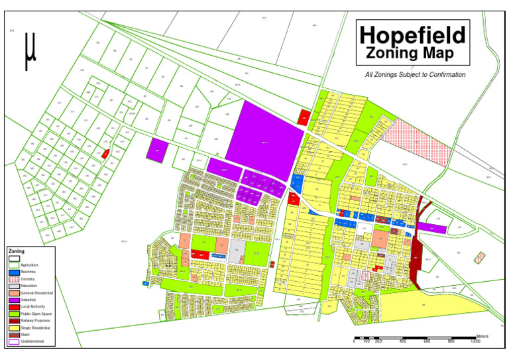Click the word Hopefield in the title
(412, 34)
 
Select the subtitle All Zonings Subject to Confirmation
(415, 75)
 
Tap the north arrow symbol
(29, 51)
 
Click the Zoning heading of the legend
(16, 252)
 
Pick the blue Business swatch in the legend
(13, 272)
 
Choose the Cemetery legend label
(28, 279)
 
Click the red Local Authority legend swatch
(13, 307)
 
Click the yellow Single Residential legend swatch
(13, 328)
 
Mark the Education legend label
(28, 286)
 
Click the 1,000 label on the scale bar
(475, 341)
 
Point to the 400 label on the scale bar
(402, 341)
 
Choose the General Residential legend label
(36, 293)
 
